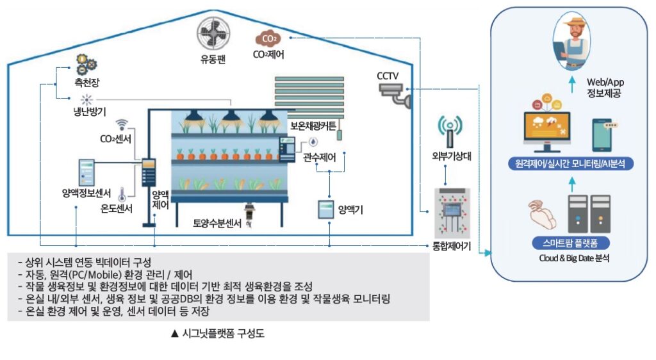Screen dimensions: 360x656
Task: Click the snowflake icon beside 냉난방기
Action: [x=86, y=100]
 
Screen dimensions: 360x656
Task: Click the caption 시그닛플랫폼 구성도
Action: [x=217, y=334]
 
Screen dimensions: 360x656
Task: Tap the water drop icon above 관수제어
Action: [x=313, y=142]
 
